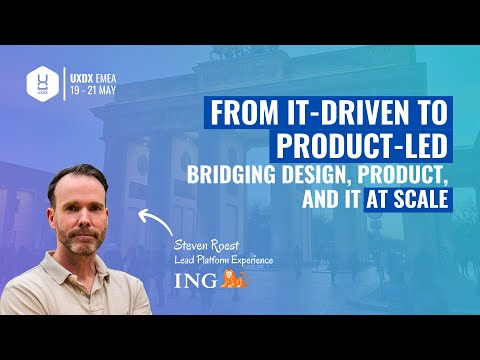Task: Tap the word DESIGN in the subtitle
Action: pos(322,175)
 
